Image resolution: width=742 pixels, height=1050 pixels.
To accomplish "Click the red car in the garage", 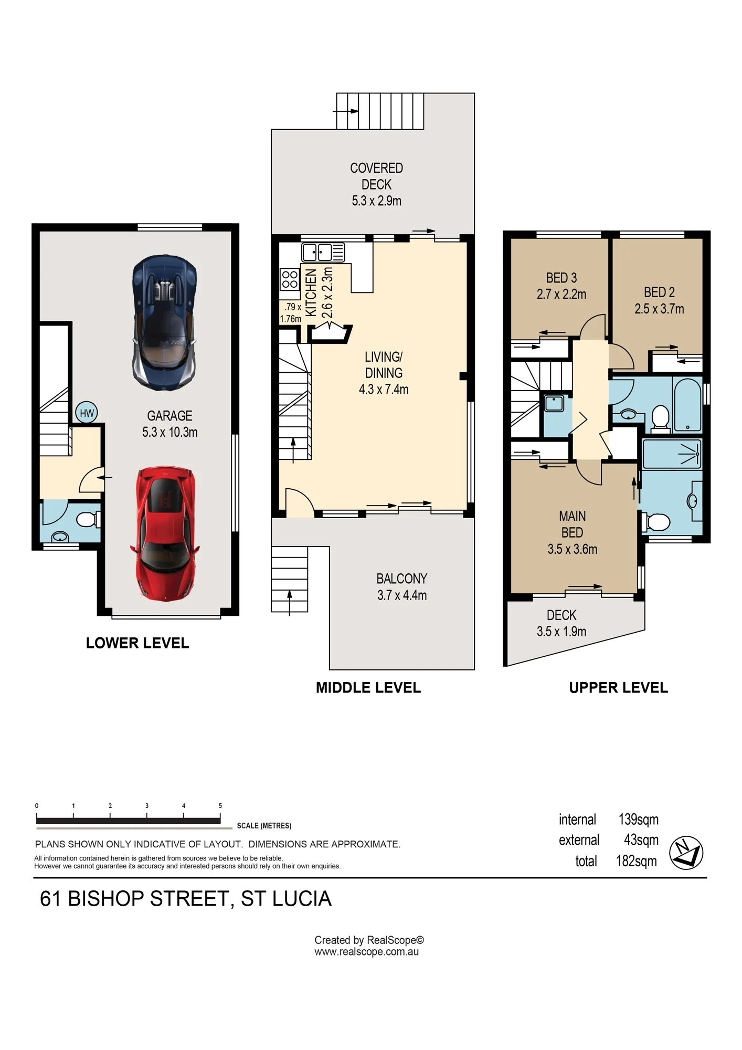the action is click(165, 533).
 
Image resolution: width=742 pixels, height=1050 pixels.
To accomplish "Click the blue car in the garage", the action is click(165, 322).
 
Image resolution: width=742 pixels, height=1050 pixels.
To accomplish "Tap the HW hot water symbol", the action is click(87, 413).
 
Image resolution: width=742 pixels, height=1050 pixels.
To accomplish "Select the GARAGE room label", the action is click(169, 416).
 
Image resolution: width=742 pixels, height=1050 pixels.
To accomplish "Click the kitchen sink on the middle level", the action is click(323, 253).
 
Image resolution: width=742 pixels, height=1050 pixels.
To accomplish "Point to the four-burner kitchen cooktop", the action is click(290, 279).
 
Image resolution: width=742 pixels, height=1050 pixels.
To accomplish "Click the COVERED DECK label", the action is click(376, 176).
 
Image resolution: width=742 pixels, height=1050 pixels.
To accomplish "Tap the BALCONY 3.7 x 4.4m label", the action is click(402, 587).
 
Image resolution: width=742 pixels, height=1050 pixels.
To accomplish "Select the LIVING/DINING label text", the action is click(384, 365).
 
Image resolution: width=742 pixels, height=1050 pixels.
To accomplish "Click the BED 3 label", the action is click(561, 278).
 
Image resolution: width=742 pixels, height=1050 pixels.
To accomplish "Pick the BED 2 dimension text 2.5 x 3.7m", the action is click(659, 309).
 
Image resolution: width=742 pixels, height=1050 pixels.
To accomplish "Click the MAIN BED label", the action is click(572, 524).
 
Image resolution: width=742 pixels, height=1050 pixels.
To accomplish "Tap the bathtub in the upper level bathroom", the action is click(687, 405).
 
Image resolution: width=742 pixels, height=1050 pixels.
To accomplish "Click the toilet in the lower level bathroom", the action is click(88, 520).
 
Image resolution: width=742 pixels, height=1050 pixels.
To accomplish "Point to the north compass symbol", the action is click(686, 853).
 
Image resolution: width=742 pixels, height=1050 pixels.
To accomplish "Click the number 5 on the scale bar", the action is click(220, 805).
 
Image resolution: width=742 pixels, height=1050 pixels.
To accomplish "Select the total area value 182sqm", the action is click(636, 861).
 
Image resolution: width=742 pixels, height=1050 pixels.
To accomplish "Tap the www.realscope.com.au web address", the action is click(366, 952).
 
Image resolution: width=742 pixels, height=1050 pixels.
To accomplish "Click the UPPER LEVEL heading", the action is click(618, 688).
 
